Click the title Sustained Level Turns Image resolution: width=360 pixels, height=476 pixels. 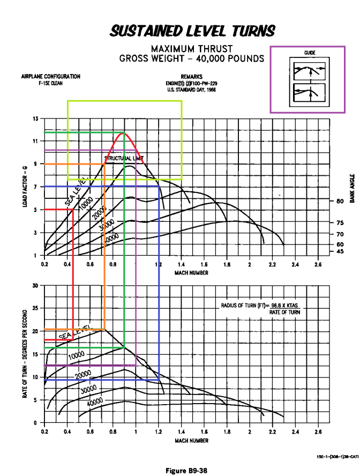click(x=192, y=31)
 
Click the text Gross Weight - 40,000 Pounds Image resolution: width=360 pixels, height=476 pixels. click(x=192, y=58)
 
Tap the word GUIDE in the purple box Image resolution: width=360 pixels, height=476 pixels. click(x=309, y=53)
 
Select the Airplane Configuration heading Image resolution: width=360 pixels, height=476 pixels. click(x=51, y=77)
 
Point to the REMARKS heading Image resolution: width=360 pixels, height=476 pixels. click(x=192, y=77)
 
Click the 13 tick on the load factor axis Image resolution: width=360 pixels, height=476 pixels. click(x=36, y=118)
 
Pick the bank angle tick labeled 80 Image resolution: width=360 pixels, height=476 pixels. click(x=339, y=202)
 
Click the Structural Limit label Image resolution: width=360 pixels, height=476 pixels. click(x=125, y=158)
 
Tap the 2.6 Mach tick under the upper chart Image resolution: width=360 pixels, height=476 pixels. click(x=318, y=265)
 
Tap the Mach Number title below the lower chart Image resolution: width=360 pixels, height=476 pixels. click(x=192, y=441)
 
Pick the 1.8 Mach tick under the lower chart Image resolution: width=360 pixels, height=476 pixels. click(x=227, y=432)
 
